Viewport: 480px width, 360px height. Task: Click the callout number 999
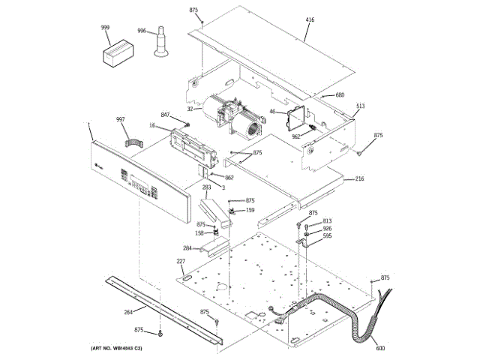click(106, 27)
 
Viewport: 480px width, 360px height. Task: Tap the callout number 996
click(142, 31)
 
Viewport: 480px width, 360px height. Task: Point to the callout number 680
click(339, 94)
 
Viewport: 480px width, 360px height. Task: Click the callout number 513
click(360, 106)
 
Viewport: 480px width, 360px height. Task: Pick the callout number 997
click(120, 119)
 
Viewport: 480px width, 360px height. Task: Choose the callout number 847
click(165, 115)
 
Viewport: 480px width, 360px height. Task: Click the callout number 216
click(359, 179)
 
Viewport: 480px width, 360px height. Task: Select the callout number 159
click(250, 210)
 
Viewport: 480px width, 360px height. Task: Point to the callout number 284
click(187, 248)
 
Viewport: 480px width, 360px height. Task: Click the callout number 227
click(180, 261)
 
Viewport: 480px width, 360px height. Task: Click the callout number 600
click(380, 347)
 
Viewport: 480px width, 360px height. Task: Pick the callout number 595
click(327, 236)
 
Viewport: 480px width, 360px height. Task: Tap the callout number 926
click(327, 229)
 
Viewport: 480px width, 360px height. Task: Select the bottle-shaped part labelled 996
click(160, 43)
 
